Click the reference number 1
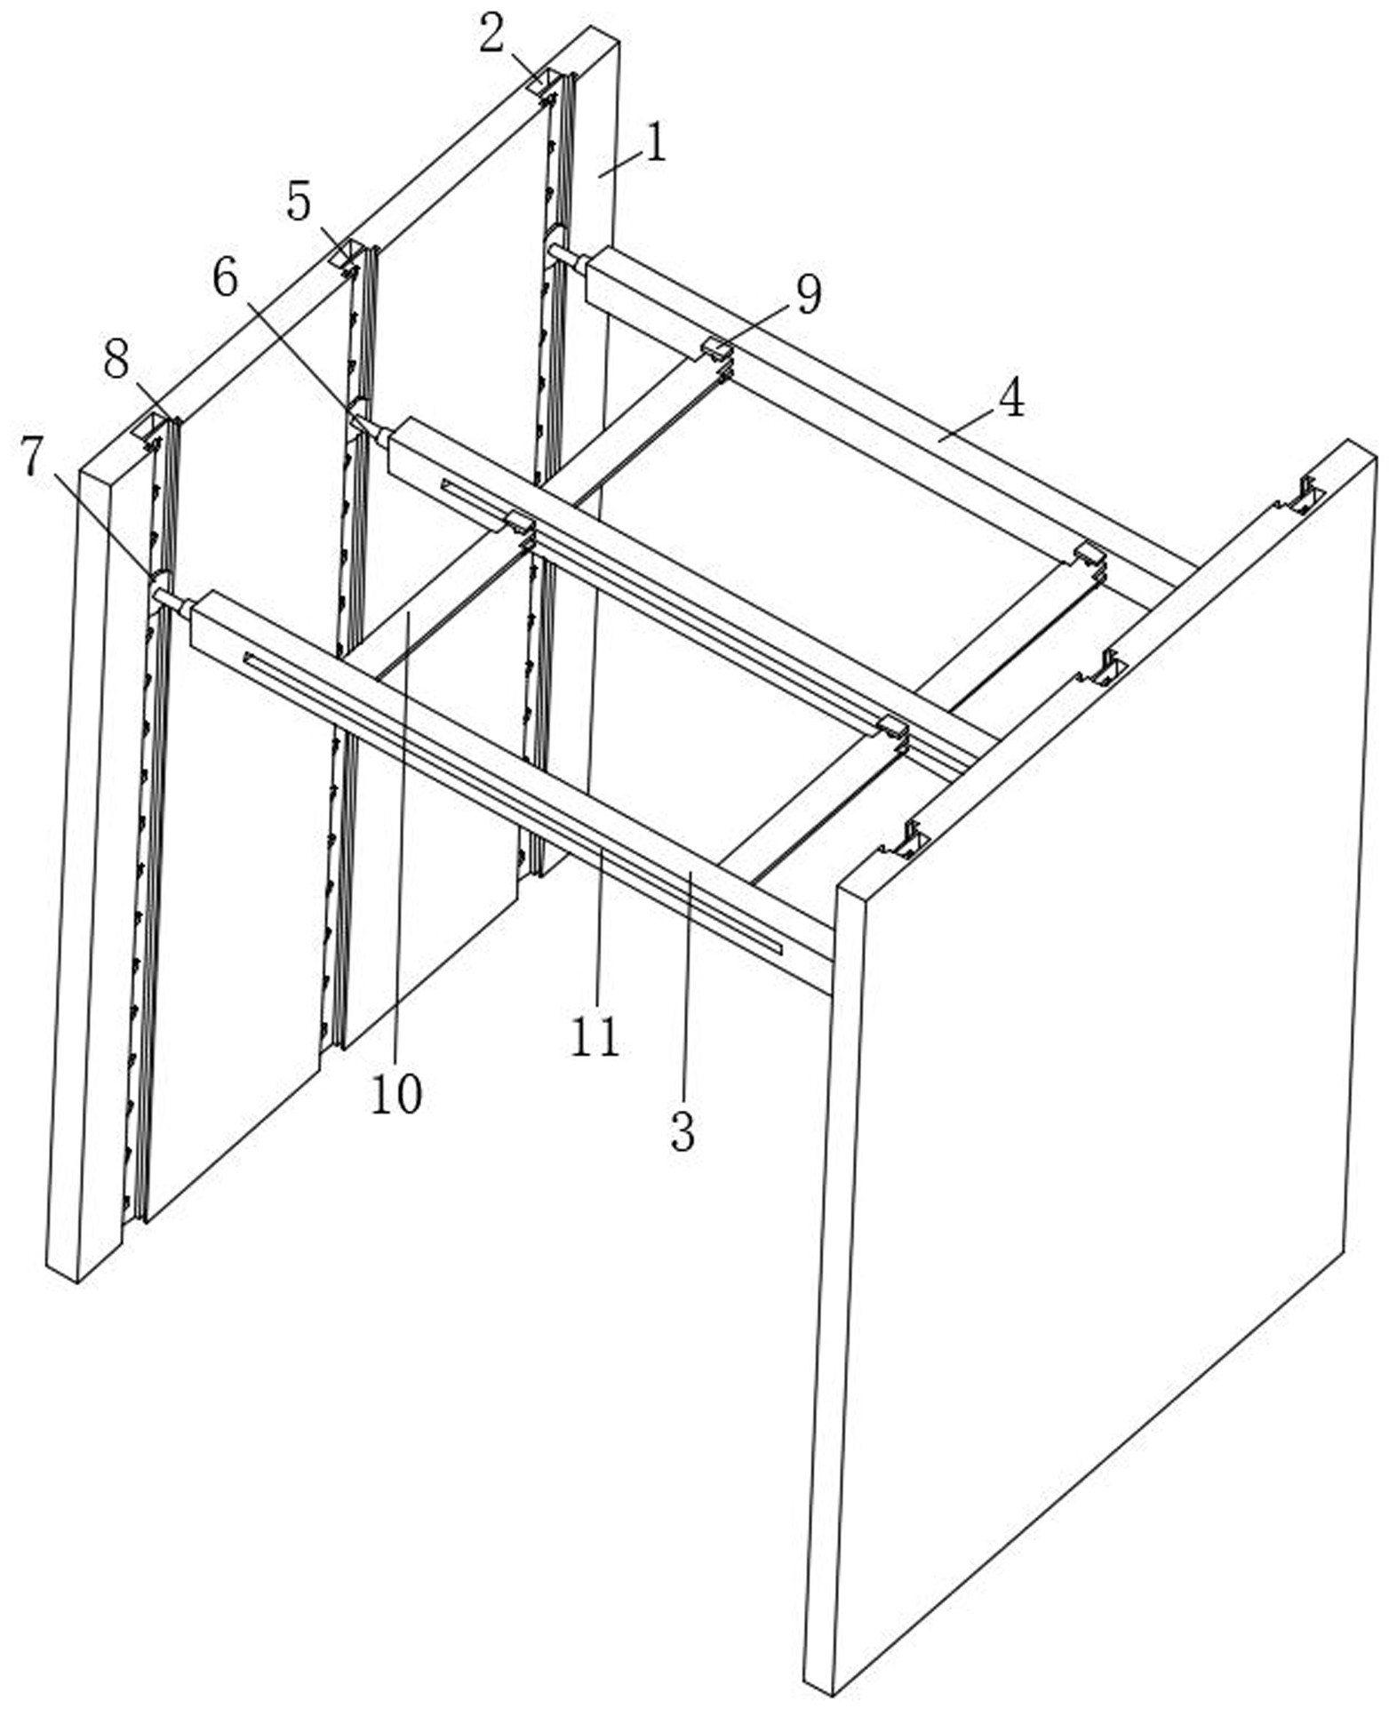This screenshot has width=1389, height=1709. (x=655, y=142)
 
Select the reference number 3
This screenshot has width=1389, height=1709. (x=682, y=1131)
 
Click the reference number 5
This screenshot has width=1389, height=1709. (x=299, y=203)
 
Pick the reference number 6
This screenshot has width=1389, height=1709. (x=225, y=280)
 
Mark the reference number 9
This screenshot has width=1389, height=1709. (x=807, y=295)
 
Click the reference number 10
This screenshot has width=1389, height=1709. (x=395, y=1094)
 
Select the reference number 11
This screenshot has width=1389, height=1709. (x=594, y=1036)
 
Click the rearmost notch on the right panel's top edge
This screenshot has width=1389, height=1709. (x=1305, y=496)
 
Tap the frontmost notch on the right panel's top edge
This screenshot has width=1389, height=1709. (x=909, y=840)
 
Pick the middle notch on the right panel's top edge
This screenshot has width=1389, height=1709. (x=1106, y=668)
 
